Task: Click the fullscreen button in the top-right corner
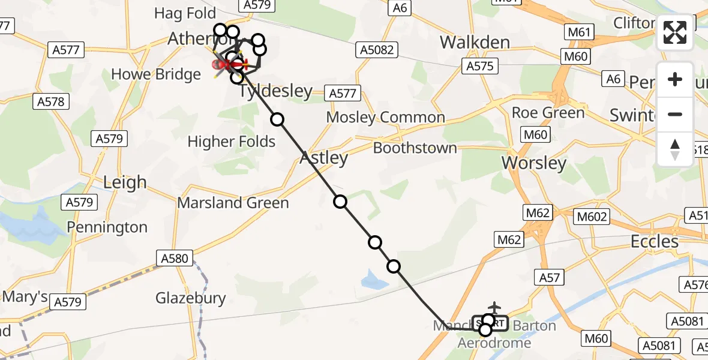[x=675, y=32]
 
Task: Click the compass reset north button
[x=675, y=149]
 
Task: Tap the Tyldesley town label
[x=276, y=91]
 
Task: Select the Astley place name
[x=323, y=158]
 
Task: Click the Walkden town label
[x=475, y=42]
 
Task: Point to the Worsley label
[x=534, y=163]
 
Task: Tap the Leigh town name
[x=125, y=182]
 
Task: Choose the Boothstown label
[x=415, y=148]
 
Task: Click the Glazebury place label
[x=191, y=298]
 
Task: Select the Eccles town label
[x=655, y=241]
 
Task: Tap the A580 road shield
[x=175, y=259]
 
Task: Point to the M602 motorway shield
[x=591, y=217]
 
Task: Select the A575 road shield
[x=480, y=66]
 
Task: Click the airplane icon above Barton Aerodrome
[x=494, y=307]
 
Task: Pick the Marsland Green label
[x=233, y=203]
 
